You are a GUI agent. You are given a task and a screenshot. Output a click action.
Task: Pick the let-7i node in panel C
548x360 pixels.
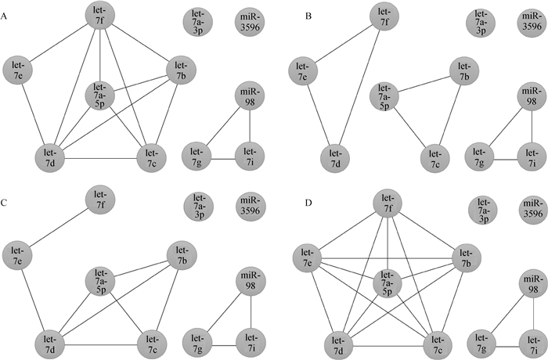coord(249,340)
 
